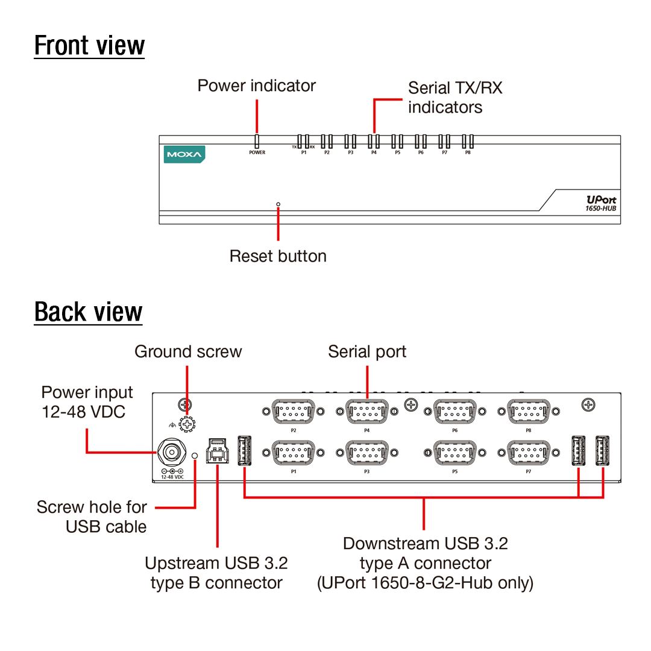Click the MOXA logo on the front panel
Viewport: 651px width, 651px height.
pyautogui.click(x=184, y=154)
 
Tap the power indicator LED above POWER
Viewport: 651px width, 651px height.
pyautogui.click(x=257, y=142)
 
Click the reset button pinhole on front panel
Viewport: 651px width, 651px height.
pyautogui.click(x=278, y=204)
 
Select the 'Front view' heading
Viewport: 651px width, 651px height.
pyautogui.click(x=89, y=46)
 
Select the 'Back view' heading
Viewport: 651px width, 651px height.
pyautogui.click(x=88, y=312)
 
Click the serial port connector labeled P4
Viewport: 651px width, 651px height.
pyautogui.click(x=367, y=412)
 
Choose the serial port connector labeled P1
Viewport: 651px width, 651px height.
pyautogui.click(x=294, y=452)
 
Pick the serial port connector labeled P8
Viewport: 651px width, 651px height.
pyautogui.click(x=529, y=412)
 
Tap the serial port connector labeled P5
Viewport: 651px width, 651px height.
pyautogui.click(x=455, y=452)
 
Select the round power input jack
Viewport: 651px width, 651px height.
pyautogui.click(x=170, y=453)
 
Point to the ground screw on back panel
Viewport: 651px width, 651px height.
pyautogui.click(x=189, y=424)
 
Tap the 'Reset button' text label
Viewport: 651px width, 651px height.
pyautogui.click(x=278, y=256)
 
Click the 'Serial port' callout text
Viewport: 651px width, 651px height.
pyautogui.click(x=367, y=352)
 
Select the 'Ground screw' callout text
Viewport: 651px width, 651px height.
pyautogui.click(x=188, y=352)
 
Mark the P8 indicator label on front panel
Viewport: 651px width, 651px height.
pyautogui.click(x=468, y=153)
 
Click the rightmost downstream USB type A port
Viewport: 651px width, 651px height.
pyautogui.click(x=602, y=450)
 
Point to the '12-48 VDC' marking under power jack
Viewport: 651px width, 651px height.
pyautogui.click(x=172, y=477)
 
